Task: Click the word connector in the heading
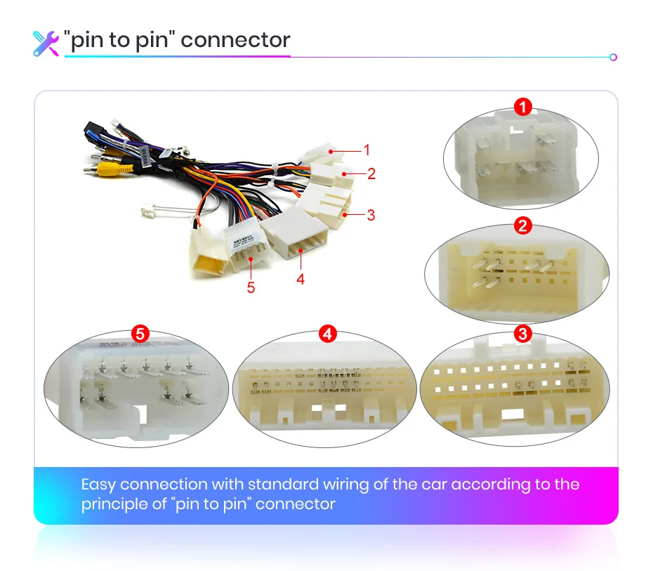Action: (x=235, y=39)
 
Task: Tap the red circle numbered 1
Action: (x=522, y=107)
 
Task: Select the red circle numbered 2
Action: (x=522, y=226)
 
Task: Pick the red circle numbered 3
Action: (x=522, y=334)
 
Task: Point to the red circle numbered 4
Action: (x=327, y=334)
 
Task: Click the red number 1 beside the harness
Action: (x=366, y=149)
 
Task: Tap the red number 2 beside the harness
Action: (x=371, y=173)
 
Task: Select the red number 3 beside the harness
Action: (x=371, y=215)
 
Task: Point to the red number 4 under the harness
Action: (x=301, y=279)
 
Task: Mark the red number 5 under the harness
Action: (x=251, y=287)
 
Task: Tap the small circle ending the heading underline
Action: (x=613, y=57)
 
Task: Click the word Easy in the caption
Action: (x=98, y=485)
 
